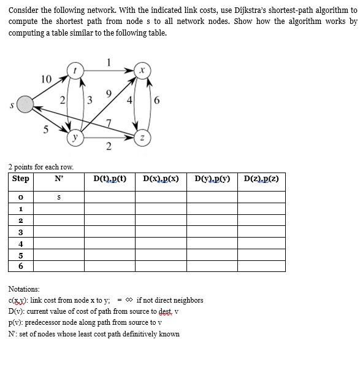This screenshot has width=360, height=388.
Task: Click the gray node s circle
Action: [25, 105]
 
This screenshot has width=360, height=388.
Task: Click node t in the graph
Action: [75, 71]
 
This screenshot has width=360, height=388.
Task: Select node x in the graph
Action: [142, 71]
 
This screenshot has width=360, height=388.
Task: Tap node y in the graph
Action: [75, 138]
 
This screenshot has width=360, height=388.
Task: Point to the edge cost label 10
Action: [46, 79]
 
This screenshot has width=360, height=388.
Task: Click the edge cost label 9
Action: [109, 94]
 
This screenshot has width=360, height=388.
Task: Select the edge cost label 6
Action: [157, 101]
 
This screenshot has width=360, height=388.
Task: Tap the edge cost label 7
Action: [109, 124]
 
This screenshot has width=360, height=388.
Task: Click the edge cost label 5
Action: [45, 129]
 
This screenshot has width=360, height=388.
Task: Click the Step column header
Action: [20, 179]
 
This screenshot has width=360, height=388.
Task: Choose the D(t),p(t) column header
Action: [110, 179]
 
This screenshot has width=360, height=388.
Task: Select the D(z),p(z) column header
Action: [261, 179]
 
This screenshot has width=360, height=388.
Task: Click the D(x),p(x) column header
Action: [161, 179]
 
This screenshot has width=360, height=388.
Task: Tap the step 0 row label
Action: [21, 198]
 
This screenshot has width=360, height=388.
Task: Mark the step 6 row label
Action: [21, 266]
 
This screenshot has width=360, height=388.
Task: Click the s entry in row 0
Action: [58, 198]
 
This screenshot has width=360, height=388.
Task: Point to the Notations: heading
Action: [24, 289]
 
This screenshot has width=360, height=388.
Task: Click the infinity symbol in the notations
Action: [129, 300]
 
